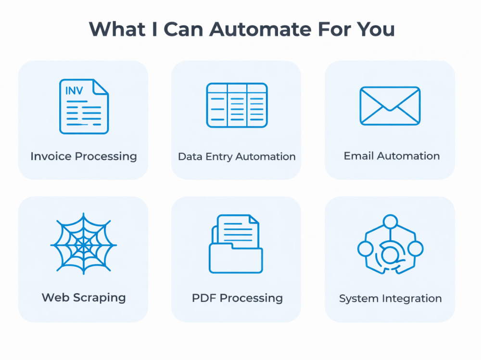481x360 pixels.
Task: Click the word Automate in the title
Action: tap(261, 29)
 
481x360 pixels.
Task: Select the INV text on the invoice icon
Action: tap(74, 90)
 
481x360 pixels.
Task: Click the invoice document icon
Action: tap(84, 106)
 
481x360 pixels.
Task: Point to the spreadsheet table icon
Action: tap(237, 105)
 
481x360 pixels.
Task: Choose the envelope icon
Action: tap(390, 106)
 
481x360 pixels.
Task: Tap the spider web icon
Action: tap(83, 244)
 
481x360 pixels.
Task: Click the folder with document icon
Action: tap(236, 244)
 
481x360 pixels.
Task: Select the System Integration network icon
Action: tap(390, 244)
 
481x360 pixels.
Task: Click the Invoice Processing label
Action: tap(83, 156)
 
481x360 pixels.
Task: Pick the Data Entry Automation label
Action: tap(237, 157)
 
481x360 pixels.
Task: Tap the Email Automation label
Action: tap(392, 156)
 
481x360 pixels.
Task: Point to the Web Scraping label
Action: tap(84, 298)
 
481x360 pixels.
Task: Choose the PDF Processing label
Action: tap(237, 298)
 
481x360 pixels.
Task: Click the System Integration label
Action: tap(390, 298)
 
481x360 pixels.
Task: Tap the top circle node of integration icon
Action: tap(390, 222)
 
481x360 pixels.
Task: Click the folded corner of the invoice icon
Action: tap(101, 87)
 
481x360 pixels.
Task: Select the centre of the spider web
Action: tap(83, 245)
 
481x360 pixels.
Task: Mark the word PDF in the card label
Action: tap(204, 298)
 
